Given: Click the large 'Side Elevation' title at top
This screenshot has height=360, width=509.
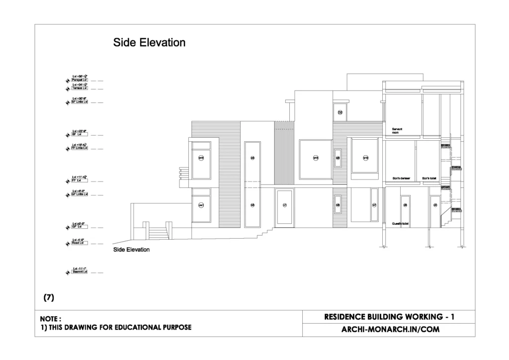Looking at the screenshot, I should click(x=149, y=43).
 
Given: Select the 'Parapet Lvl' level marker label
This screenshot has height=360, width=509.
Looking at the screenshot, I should click(x=80, y=80).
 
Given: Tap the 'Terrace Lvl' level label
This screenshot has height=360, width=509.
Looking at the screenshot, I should click(x=80, y=89).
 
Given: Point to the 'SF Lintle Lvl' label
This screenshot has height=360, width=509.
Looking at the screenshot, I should click(x=80, y=102).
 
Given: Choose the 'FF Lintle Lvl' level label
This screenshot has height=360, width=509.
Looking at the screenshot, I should click(x=80, y=148).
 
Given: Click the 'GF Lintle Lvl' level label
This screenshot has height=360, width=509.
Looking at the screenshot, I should click(x=80, y=194).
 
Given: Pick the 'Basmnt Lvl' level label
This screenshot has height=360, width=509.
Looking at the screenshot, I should click(x=80, y=272).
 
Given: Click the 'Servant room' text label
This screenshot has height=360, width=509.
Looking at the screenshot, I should click(x=397, y=131).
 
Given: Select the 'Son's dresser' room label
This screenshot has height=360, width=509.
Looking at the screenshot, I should click(x=401, y=178).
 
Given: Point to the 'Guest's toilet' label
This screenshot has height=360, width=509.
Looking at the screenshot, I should click(x=400, y=224).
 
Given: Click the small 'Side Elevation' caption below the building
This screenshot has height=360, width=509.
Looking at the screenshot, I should click(x=131, y=250).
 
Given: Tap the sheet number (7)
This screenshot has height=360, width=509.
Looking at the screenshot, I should click(x=49, y=297).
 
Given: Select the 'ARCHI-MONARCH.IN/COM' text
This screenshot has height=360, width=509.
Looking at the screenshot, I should click(x=391, y=329).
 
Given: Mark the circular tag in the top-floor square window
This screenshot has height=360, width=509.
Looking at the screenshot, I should click(x=340, y=112).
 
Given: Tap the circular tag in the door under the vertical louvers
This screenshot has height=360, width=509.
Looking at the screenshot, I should click(x=285, y=205).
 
